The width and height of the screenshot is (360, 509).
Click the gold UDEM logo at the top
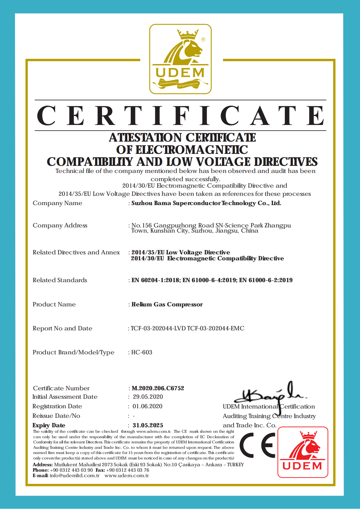click(x=180, y=59)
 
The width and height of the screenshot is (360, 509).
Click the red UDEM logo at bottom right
click(x=303, y=452)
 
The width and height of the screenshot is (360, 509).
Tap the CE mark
click(x=257, y=445)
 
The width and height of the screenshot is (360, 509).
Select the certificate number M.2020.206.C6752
click(x=158, y=388)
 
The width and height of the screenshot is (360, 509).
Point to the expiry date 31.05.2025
click(x=148, y=425)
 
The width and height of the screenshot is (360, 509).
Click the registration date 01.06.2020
click(x=147, y=406)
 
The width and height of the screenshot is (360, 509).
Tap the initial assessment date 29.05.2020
click(x=148, y=397)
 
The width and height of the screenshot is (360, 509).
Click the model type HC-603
click(x=142, y=352)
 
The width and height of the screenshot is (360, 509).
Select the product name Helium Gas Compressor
click(x=167, y=304)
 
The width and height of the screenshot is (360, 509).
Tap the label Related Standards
click(x=60, y=280)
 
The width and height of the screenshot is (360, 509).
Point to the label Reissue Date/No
click(x=56, y=416)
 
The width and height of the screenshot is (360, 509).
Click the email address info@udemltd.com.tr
click(x=74, y=476)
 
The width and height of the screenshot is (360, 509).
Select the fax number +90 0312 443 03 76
click(x=127, y=470)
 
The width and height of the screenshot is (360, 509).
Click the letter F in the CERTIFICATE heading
click(x=181, y=115)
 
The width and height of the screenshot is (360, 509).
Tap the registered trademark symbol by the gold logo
click(x=203, y=39)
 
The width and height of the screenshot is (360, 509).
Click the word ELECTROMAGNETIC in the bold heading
click(x=191, y=150)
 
